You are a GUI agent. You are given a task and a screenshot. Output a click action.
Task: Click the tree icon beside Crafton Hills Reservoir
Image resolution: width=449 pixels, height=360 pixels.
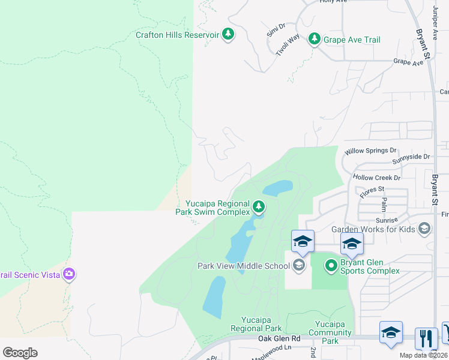click(228, 35)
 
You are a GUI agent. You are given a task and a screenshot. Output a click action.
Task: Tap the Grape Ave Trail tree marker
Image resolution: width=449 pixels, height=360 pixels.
click(313, 40)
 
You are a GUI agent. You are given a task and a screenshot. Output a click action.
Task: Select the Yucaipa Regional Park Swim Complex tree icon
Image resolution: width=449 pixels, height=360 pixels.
click(259, 207)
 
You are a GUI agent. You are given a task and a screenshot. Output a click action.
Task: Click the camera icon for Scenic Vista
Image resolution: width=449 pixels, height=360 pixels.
click(69, 274)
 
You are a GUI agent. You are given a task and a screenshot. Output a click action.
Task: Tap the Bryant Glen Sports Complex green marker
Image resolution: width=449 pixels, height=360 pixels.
click(331, 265)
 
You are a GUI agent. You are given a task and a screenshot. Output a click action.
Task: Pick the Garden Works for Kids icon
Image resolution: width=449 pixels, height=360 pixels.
click(425, 229)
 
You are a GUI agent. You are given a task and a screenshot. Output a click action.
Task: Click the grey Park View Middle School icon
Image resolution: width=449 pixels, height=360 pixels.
click(298, 265)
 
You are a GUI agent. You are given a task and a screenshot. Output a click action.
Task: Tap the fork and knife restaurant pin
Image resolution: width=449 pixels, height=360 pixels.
click(426, 337)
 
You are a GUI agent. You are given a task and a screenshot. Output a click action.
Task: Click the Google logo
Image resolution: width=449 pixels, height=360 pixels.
click(20, 352)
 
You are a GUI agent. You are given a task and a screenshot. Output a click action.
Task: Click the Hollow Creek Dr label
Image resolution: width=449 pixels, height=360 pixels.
click(376, 178)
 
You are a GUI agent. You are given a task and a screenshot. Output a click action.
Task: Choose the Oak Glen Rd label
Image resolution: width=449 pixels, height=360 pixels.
click(279, 339)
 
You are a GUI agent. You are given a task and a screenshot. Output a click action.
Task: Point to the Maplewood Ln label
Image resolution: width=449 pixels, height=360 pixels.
click(271, 348)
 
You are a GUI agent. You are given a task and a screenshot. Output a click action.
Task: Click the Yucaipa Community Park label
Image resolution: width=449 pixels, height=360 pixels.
click(330, 332)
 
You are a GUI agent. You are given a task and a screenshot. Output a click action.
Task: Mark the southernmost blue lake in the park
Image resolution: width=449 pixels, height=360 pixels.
click(214, 297)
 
